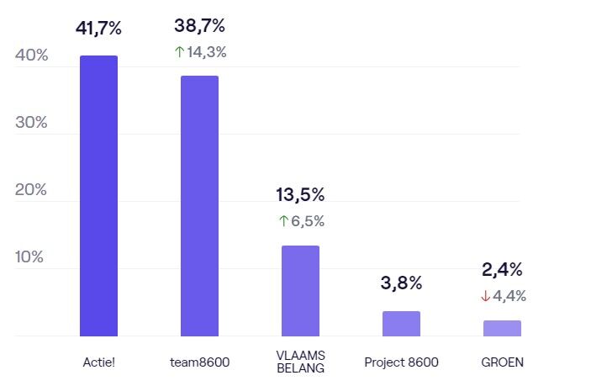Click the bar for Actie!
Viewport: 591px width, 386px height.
coord(98,196)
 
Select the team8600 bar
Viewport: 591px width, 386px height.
coord(199,206)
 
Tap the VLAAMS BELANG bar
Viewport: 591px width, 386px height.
coord(300,291)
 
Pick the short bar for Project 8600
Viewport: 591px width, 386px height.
coord(401,324)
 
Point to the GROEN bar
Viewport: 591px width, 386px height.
coord(502,328)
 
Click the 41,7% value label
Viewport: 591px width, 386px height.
coord(98,28)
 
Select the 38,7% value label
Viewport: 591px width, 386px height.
coord(199,25)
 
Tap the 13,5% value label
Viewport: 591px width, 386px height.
coord(300,195)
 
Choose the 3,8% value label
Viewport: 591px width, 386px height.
coord(401,283)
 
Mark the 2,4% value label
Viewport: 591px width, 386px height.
coord(502,269)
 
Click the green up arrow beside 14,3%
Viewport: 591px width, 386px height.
coord(179,52)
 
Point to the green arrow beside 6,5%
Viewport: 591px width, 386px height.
coord(283,222)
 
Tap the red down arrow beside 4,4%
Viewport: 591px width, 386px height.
coord(485,296)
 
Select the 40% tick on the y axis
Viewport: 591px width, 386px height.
coord(32,56)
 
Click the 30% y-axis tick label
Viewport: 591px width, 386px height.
coord(32,123)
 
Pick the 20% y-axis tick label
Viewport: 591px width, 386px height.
coord(32,190)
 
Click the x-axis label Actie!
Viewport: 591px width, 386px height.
coord(98,362)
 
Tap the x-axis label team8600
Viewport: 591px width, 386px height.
coord(199,362)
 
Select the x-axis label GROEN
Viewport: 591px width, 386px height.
coord(502,362)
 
